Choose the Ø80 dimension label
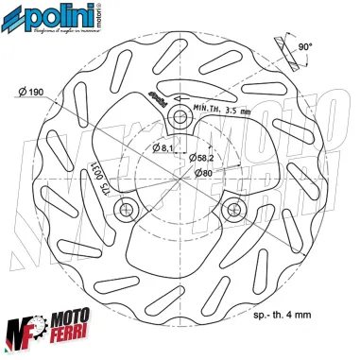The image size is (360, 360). click(x=201, y=172)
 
